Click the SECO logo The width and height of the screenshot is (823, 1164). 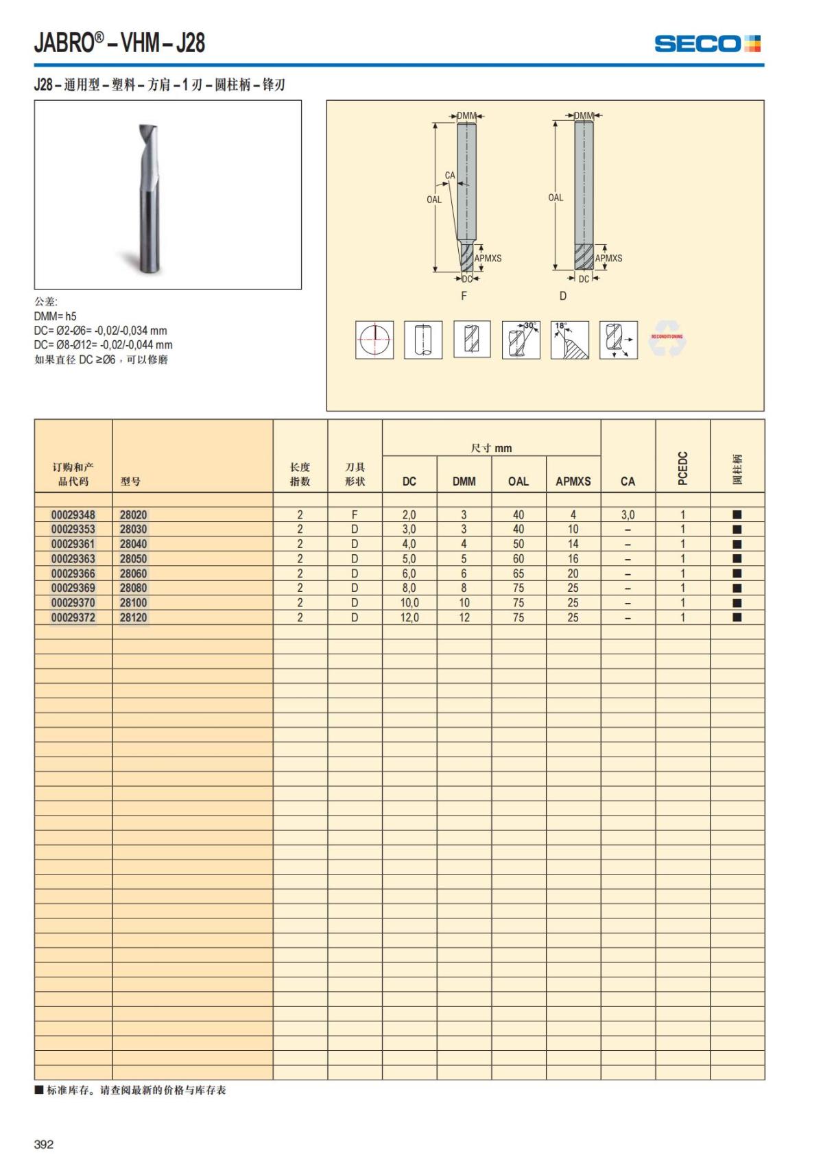[707, 44]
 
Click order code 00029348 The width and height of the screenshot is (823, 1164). [73, 514]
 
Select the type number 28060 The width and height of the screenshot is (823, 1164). [133, 573]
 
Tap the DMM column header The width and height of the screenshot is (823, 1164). [464, 482]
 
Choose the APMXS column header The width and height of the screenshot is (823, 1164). [573, 482]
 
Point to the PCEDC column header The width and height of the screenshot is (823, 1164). [682, 468]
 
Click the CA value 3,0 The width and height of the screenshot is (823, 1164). [628, 514]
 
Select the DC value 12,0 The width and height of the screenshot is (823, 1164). [409, 617]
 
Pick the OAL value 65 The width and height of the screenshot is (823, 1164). [518, 573]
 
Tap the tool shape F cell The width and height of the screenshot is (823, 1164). [355, 514]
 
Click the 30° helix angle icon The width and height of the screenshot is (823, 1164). [521, 340]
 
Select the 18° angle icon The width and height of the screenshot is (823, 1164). [569, 340]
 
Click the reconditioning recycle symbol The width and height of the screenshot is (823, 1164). [667, 338]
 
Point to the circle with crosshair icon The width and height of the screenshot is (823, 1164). [374, 340]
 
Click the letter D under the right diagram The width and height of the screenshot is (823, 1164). [563, 296]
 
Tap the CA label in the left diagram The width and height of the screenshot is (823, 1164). [450, 176]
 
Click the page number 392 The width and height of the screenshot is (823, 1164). [44, 1144]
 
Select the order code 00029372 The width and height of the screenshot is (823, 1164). [73, 617]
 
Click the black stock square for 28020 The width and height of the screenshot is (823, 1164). [737, 514]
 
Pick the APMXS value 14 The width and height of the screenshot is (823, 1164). [573, 544]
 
